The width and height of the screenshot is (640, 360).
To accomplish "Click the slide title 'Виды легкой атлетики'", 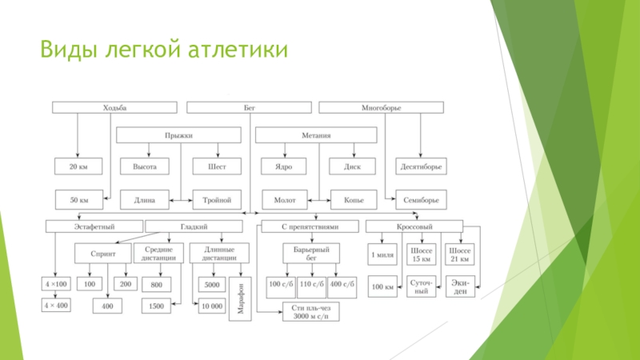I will tap(166, 52).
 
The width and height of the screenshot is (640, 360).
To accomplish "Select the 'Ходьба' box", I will tap(114, 107).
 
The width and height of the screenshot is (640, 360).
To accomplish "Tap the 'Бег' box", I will tap(249, 107).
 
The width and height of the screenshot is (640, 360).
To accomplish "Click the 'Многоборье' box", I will tap(381, 107).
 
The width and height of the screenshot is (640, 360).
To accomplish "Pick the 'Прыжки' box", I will tap(178, 136).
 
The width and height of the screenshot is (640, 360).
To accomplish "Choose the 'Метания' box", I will tap(317, 136).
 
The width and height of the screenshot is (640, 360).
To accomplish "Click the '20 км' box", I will tap(78, 167).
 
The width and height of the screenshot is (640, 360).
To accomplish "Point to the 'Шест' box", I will tap(217, 167).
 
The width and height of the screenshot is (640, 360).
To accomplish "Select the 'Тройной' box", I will tap(217, 199).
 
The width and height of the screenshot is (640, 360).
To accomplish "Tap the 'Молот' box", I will tap(285, 199).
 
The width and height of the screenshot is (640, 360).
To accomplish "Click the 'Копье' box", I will tap(354, 199).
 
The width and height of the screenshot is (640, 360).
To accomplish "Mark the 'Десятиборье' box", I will tap(422, 167).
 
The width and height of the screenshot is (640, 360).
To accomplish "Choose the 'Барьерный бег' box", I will tap(311, 254).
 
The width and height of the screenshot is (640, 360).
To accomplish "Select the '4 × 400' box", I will tap(56, 305).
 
